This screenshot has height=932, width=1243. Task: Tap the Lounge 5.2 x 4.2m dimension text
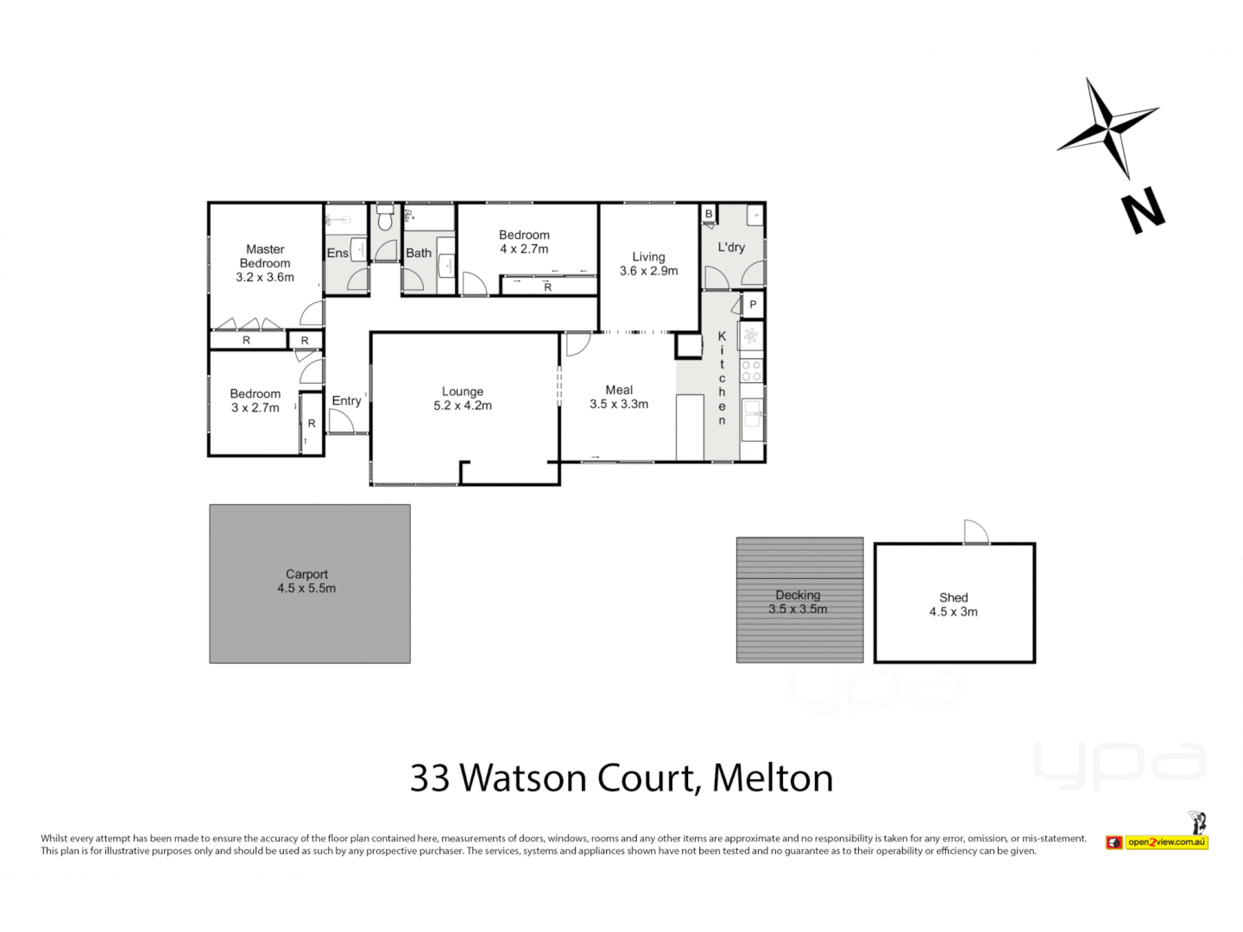tap(463, 406)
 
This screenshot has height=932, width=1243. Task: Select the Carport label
tap(306, 574)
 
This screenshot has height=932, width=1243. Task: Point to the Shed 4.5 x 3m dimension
tap(953, 612)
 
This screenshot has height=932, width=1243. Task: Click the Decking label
tap(798, 595)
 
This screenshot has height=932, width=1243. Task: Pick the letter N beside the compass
tap(1143, 212)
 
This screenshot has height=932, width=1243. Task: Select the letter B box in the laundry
tap(709, 214)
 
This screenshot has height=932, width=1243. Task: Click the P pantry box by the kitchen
tap(753, 305)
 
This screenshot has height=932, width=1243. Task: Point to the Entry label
tap(346, 400)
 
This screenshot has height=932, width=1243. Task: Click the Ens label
tap(338, 253)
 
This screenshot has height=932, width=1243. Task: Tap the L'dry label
tap(731, 247)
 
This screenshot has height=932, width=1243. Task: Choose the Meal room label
tap(619, 390)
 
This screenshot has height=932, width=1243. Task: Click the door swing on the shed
tap(976, 532)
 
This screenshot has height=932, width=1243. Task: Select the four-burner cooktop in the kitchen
tap(751, 371)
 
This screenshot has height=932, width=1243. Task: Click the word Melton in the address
tap(773, 778)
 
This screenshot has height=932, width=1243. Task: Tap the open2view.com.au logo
tap(1165, 842)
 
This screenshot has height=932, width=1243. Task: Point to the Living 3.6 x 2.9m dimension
tap(648, 271)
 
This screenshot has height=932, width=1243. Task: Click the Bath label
tap(419, 253)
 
